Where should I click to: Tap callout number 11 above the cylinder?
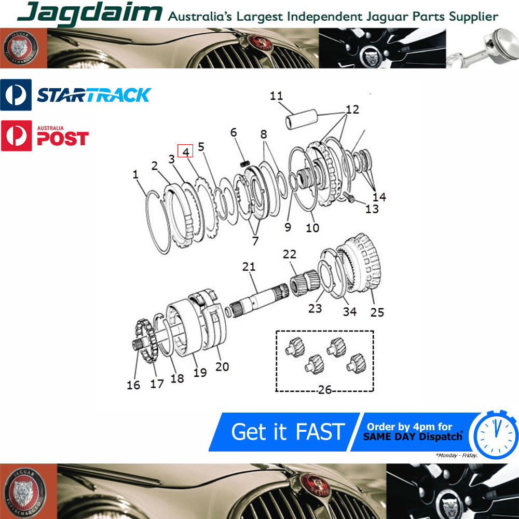coord(277,95)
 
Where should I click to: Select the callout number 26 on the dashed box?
coord(325,390)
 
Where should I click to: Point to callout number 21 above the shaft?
coord(249,266)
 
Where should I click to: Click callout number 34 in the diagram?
coord(349,311)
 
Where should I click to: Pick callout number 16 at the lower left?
coord(133,385)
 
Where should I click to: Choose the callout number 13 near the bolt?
coord(372,209)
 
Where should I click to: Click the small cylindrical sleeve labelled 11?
coord(301,119)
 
